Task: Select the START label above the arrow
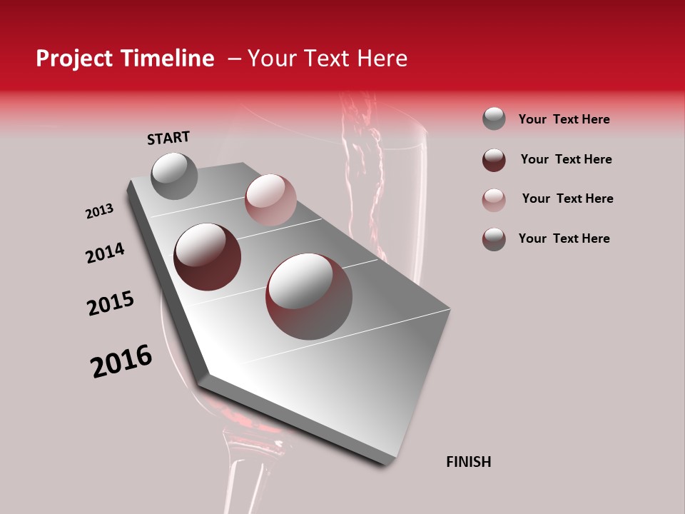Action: [x=168, y=138]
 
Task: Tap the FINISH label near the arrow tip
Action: [x=468, y=462]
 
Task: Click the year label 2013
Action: [x=99, y=211]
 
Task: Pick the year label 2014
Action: [x=105, y=253]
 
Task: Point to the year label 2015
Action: [x=111, y=303]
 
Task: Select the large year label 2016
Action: [x=121, y=361]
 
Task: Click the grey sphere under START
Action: [x=174, y=176]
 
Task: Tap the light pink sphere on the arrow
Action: [x=270, y=200]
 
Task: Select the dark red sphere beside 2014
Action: [x=208, y=257]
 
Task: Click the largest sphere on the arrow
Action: [x=309, y=296]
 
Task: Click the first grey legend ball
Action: [x=494, y=119]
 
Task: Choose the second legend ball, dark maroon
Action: [x=494, y=160]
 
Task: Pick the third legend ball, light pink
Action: [x=494, y=200]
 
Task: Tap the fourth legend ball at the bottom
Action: [x=494, y=239]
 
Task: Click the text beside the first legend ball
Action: [x=564, y=119]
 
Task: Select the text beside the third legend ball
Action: [x=567, y=198]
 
